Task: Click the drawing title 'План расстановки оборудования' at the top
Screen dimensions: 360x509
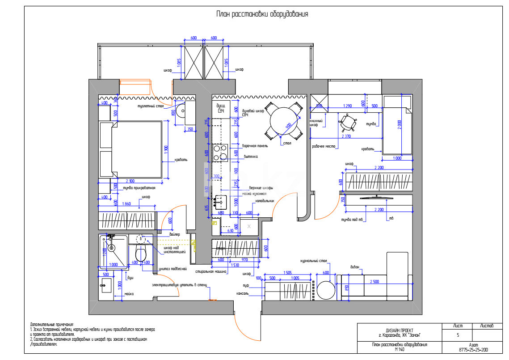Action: (x=262, y=14)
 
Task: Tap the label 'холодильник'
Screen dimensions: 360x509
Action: (x=265, y=201)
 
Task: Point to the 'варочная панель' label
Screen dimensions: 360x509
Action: (x=255, y=146)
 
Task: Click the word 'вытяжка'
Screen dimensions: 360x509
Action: (x=250, y=157)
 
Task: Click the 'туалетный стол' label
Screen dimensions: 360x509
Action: (x=150, y=106)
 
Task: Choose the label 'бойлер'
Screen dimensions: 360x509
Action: (x=175, y=234)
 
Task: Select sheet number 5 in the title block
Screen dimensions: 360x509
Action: (x=458, y=335)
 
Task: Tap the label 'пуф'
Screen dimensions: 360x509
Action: (x=245, y=285)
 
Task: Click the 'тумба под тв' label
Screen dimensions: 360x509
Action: (x=352, y=219)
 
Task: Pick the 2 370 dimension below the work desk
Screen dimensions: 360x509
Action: (x=346, y=136)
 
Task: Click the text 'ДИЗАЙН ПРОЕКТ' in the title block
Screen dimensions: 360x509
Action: (x=399, y=330)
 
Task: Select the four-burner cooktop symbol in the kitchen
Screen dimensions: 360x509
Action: (x=220, y=152)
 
